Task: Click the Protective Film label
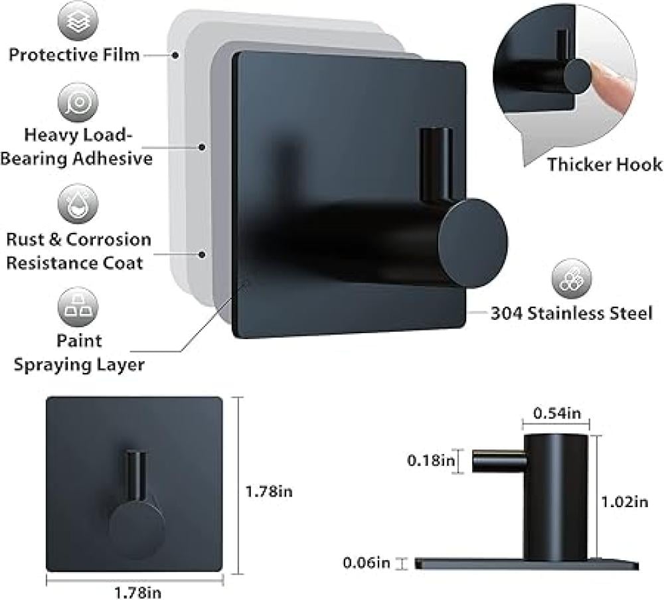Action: pos(74,54)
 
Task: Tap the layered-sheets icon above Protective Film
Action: pos(78,21)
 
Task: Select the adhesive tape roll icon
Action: pos(78,102)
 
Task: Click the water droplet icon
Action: pos(78,204)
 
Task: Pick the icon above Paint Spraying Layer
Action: pos(78,307)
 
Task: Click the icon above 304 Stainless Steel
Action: pos(572,279)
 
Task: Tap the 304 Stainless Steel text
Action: pos(572,313)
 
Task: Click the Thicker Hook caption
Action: pos(604,165)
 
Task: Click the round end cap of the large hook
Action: pos(473,243)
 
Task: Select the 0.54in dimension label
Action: pos(557,413)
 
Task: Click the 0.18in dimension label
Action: pos(431,460)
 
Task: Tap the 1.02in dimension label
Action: pos(625,502)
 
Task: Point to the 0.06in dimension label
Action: pos(367,563)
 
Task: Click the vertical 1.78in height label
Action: pos(269,492)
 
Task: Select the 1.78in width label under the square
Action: pos(137,593)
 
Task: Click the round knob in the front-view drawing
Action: pos(136,526)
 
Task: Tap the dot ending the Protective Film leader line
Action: pos(175,55)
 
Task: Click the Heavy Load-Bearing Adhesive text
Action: pos(76,147)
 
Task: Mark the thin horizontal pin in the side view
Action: pos(499,461)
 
